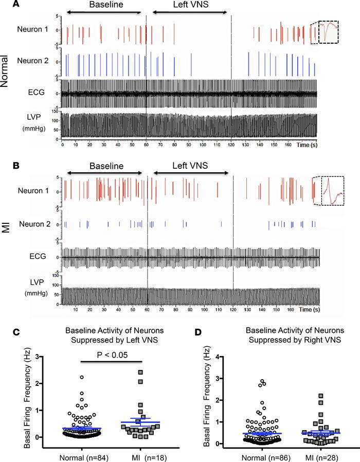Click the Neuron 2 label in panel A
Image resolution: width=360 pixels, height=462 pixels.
(33, 60)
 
